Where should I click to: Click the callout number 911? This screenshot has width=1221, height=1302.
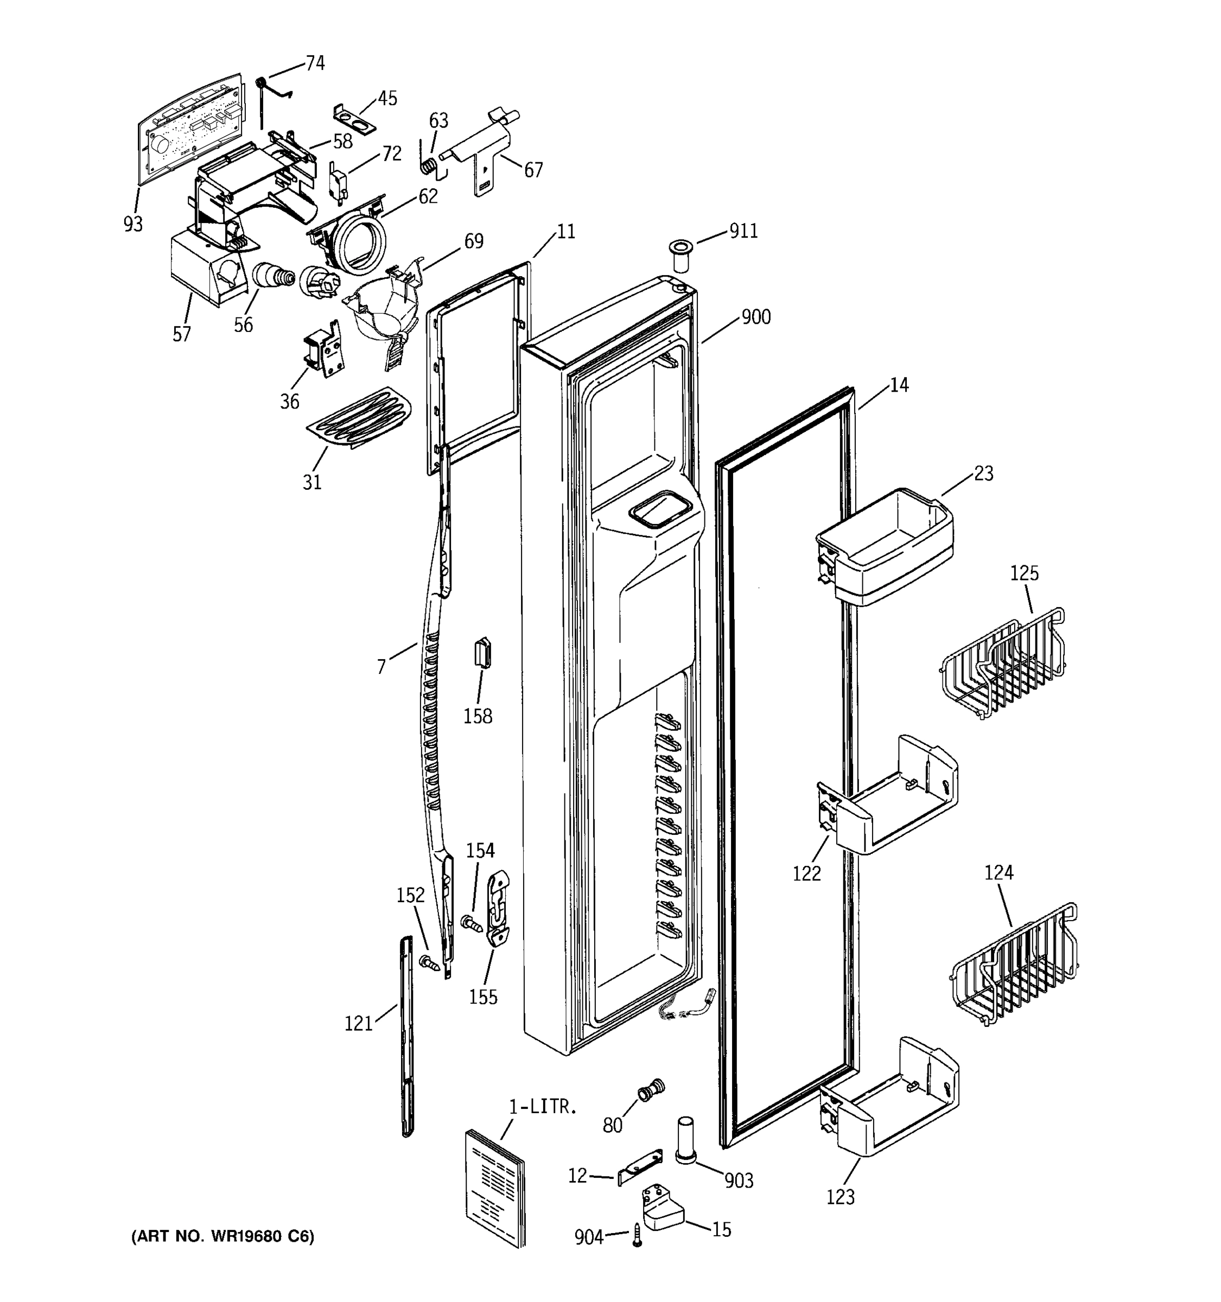743,231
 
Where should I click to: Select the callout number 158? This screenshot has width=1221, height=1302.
478,717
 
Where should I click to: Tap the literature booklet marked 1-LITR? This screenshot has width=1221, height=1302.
495,1188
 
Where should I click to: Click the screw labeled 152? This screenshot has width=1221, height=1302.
427,962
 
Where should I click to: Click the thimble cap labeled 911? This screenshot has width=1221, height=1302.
681,256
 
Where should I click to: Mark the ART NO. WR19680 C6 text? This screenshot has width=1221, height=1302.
222,1236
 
